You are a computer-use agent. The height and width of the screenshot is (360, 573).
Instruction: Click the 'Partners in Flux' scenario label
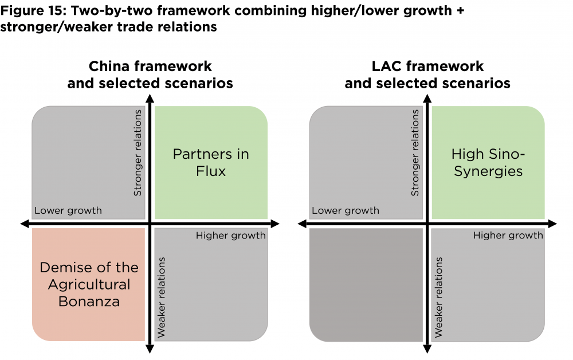coord(211,162)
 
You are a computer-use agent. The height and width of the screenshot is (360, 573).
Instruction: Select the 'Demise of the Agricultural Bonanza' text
coord(89,284)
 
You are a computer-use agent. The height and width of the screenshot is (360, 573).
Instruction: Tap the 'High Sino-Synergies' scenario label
coord(488,162)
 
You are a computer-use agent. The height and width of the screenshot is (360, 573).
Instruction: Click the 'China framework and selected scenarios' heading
coord(150,75)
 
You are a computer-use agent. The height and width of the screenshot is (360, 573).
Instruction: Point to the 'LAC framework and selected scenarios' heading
coord(427,75)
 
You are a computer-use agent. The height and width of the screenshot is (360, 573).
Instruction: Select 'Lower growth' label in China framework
coord(68,210)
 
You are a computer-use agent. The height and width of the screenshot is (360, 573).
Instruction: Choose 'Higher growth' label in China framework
coord(231,236)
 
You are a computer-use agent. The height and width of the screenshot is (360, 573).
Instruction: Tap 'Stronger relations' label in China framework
coord(138,153)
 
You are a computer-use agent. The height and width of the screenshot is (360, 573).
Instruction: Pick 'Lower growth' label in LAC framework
coord(346,210)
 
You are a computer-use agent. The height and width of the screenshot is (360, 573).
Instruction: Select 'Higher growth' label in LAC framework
coord(508,236)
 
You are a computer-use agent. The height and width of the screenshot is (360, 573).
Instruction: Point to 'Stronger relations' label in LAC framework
coord(415,153)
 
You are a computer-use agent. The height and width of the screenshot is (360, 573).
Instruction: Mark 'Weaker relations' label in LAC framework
coord(438,297)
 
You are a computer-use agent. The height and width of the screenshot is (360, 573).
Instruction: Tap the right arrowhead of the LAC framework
coord(552,223)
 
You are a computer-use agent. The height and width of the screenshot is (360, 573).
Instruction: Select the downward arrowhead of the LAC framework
coord(427,349)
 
